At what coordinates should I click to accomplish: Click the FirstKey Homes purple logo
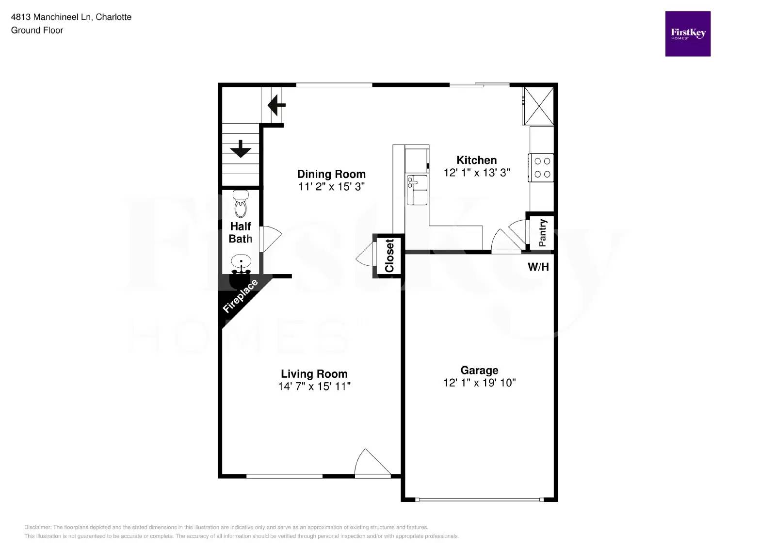(x=688, y=34)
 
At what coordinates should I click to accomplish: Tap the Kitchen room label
(x=476, y=160)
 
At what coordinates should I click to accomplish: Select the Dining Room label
(x=331, y=174)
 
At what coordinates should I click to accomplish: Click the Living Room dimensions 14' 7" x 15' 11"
(x=314, y=387)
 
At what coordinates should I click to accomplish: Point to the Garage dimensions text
(x=479, y=383)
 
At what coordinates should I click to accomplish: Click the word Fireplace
(x=240, y=296)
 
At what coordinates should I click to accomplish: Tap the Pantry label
(x=543, y=232)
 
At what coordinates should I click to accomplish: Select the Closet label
(x=389, y=256)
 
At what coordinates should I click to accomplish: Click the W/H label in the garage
(x=538, y=267)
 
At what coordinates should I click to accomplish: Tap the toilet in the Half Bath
(x=241, y=204)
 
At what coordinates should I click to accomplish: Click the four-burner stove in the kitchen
(x=542, y=167)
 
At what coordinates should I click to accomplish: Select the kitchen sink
(x=417, y=190)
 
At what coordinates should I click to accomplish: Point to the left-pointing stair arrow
(x=276, y=104)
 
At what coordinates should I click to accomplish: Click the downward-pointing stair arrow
(x=241, y=148)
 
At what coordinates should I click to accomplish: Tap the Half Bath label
(x=241, y=232)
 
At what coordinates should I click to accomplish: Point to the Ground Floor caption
(x=37, y=30)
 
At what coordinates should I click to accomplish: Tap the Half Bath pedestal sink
(x=241, y=262)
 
